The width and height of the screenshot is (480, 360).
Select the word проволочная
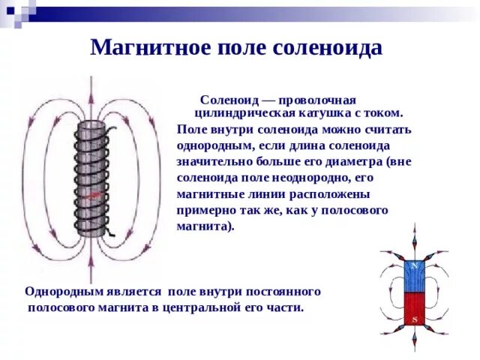[318, 100]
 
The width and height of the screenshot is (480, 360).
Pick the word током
[385, 113]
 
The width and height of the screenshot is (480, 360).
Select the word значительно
[213, 161]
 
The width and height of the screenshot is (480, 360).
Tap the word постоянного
[283, 291]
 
